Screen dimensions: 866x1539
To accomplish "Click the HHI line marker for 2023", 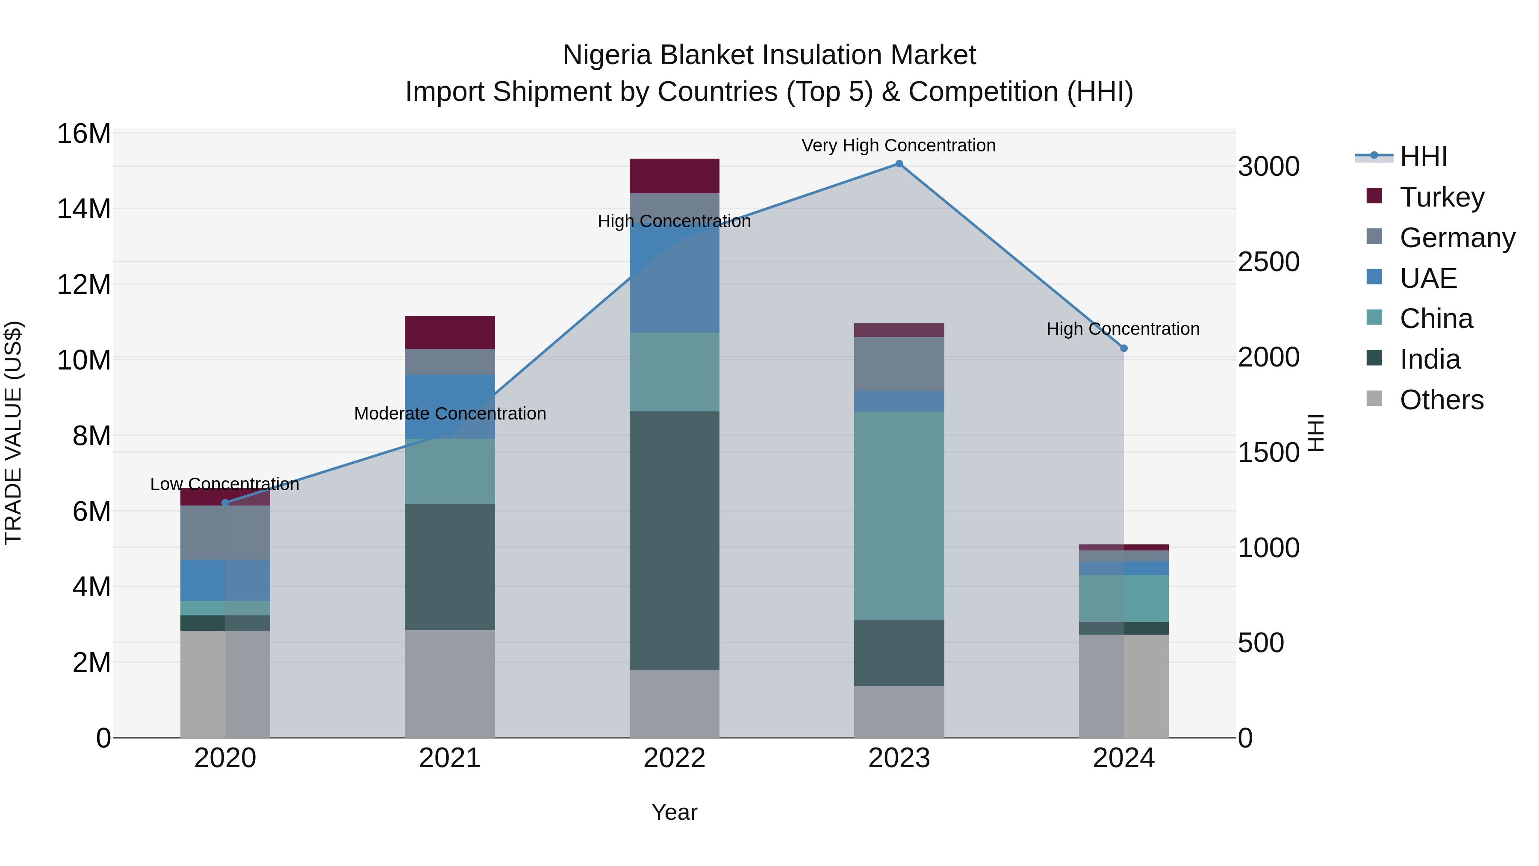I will click(899, 164).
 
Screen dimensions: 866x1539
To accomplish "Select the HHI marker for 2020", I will click(225, 503).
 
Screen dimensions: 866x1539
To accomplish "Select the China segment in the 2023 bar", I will click(899, 515).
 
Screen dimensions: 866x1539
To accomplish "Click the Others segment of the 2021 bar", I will click(449, 684).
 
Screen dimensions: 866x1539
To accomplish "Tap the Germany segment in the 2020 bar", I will click(225, 532).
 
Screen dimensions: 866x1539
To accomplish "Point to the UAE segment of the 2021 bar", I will click(449, 406).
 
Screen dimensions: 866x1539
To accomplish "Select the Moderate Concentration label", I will click(450, 414).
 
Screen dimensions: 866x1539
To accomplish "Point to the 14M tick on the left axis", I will click(84, 209).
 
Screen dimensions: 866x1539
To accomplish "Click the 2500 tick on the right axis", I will click(1268, 262).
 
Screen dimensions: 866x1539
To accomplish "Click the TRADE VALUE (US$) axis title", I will click(13, 433).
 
